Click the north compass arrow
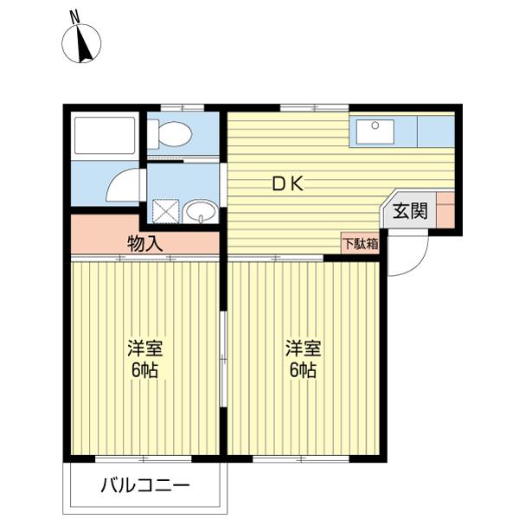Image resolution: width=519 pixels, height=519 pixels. pos(86,43)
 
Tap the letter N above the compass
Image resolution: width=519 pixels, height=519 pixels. pos(75,16)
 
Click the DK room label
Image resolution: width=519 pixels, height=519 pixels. pos(288,183)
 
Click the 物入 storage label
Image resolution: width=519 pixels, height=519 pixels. pos(145,243)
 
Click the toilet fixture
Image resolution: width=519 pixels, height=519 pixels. pos(170,133)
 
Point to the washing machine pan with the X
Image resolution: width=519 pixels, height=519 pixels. pos(164,210)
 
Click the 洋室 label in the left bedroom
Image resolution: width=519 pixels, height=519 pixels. pos(144,349)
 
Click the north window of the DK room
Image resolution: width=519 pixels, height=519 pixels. pos(303,107)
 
